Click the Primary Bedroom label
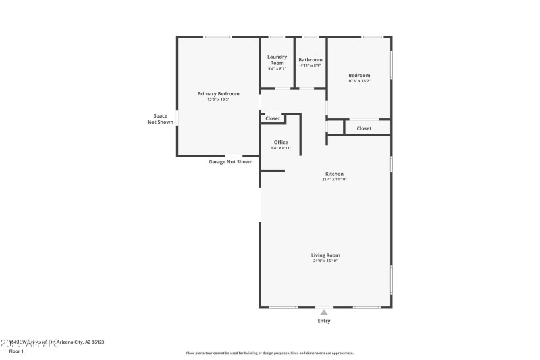point(218,93)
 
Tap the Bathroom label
point(310,59)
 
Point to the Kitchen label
point(335,174)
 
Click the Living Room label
point(325,255)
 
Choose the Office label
point(281,142)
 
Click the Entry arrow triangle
point(324,313)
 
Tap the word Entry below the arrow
point(324,321)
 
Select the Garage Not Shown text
point(230,162)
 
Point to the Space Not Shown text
point(160,119)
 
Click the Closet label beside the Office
point(273,118)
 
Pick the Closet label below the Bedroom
point(364,128)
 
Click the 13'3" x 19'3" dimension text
point(218,99)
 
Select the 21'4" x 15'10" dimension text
point(325,261)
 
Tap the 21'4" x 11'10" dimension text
point(335,180)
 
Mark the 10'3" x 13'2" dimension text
point(359,81)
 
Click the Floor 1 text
point(16,351)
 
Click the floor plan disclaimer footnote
point(269,353)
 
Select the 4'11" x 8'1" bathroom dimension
point(310,66)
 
